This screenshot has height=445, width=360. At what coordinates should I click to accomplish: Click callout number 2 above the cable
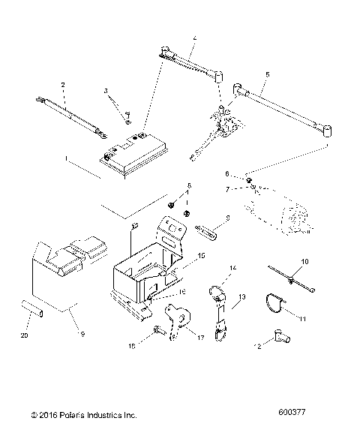tap(63, 85)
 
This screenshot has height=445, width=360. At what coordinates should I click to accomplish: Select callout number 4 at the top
tap(194, 38)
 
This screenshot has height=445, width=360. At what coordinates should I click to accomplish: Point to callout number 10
tap(304, 260)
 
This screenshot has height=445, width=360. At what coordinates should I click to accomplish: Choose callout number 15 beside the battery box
tap(200, 257)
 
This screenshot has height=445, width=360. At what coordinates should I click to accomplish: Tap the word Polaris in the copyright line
tap(78, 413)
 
